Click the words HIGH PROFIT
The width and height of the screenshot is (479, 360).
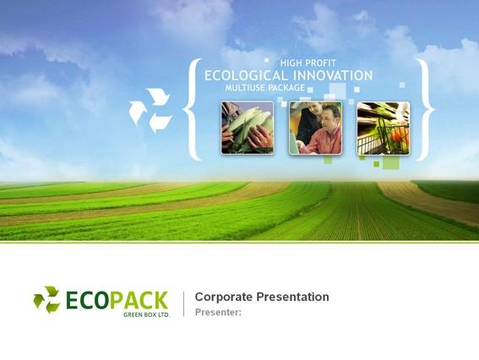tap(308, 63)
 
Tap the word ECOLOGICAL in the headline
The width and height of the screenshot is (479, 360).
tap(246, 75)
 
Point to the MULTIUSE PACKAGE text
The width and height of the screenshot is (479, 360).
tap(265, 88)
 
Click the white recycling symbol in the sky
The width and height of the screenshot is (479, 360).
tap(150, 111)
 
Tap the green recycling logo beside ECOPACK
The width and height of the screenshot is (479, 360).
tap(46, 300)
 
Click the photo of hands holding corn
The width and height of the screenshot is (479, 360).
tap(248, 128)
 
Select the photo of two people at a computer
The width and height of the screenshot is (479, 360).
tap(316, 128)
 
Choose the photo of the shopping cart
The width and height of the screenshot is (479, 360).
tap(384, 128)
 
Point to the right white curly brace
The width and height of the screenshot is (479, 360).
tap(426, 109)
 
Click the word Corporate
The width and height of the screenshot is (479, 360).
tap(224, 297)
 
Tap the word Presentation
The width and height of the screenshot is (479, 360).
tap(292, 297)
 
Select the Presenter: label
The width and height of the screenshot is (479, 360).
tap(218, 313)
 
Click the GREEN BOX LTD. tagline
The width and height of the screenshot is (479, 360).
tap(147, 314)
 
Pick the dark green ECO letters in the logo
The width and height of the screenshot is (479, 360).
tap(88, 300)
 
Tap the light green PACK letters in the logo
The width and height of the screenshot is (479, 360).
tap(139, 300)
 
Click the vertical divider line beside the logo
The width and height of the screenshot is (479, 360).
tap(183, 303)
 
